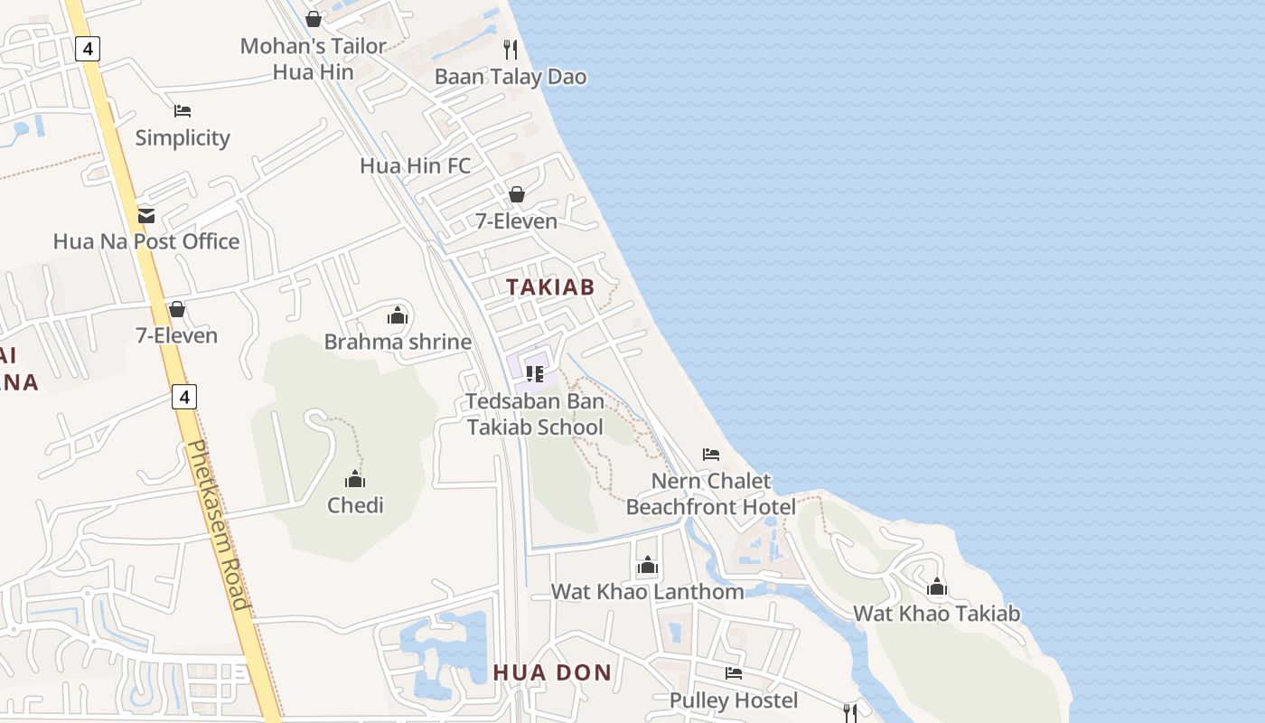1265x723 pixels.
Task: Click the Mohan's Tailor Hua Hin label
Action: pyautogui.click(x=313, y=59)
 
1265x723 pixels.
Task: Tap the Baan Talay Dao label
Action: pyautogui.click(x=511, y=77)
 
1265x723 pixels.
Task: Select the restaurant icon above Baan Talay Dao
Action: pyautogui.click(x=511, y=49)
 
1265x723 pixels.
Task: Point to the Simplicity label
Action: pyautogui.click(x=183, y=138)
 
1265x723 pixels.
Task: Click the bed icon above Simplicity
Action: pyautogui.click(x=183, y=111)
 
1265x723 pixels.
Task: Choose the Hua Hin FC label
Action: pyautogui.click(x=415, y=165)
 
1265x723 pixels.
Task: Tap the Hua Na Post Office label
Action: pyautogui.click(x=146, y=241)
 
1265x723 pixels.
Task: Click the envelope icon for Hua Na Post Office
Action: pyautogui.click(x=146, y=216)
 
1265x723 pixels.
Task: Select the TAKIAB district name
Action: pyautogui.click(x=550, y=287)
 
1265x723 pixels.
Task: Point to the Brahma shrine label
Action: pyautogui.click(x=398, y=342)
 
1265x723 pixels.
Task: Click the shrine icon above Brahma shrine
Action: pyautogui.click(x=398, y=315)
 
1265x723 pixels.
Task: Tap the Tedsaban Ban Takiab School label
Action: pyautogui.click(x=535, y=414)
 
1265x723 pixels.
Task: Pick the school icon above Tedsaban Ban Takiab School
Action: pyautogui.click(x=535, y=373)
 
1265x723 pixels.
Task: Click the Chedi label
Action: pyautogui.click(x=355, y=505)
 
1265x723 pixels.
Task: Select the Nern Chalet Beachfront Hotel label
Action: pyautogui.click(x=711, y=493)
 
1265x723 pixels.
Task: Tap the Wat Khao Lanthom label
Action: pyautogui.click(x=648, y=592)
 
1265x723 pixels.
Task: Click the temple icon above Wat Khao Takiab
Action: pyautogui.click(x=937, y=587)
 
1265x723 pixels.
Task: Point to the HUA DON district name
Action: pyautogui.click(x=552, y=672)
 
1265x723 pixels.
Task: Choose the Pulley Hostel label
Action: pyautogui.click(x=734, y=700)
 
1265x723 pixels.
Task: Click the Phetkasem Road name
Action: pyautogui.click(x=216, y=525)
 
